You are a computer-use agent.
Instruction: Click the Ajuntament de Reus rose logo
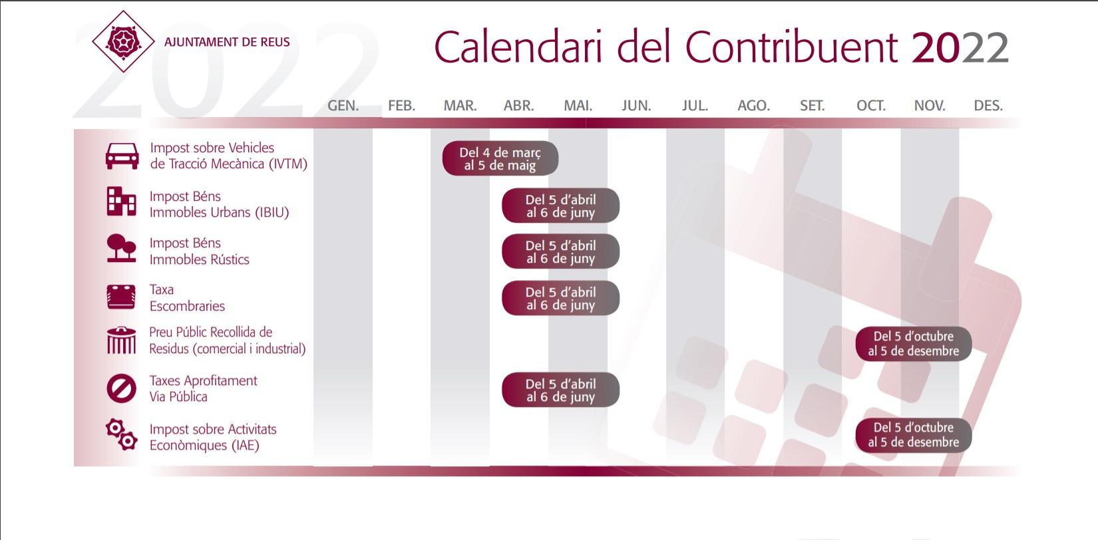point(124,42)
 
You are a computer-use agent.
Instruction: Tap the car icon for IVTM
point(122,156)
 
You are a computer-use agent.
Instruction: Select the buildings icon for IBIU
point(121,202)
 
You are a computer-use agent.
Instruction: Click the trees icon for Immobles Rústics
point(121,248)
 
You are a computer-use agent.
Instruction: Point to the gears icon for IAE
point(122,435)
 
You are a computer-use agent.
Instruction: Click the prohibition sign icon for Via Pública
point(122,388)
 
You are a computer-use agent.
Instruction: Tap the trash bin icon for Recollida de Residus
point(122,340)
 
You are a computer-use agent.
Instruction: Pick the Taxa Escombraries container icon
point(121,297)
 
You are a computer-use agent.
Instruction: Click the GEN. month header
point(343,106)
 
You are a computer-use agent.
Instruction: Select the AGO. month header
point(754,106)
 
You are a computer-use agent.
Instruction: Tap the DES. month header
point(988,106)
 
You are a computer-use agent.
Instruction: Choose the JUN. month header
point(636,106)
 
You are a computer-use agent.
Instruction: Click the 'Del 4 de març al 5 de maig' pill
point(500,158)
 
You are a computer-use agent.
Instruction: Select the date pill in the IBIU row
point(561,205)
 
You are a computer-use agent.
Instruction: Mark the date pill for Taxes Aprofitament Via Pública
point(561,390)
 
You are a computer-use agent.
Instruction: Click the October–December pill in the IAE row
point(914,435)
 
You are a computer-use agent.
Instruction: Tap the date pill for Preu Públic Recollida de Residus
point(914,344)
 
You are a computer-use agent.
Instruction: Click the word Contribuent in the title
point(791,47)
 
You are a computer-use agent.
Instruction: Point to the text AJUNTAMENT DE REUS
point(227,42)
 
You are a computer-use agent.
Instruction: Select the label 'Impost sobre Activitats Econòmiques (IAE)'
point(213,437)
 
